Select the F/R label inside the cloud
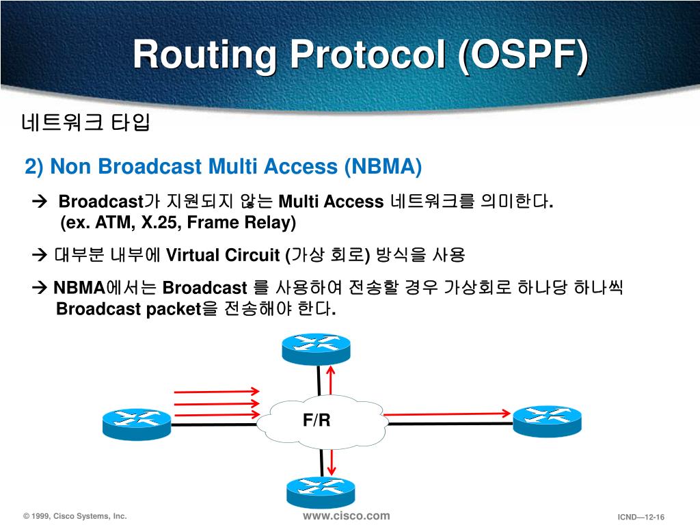tap(317, 420)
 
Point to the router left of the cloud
tap(137, 423)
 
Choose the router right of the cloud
tap(547, 420)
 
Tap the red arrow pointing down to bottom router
tap(332, 462)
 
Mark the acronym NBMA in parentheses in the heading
tap(381, 166)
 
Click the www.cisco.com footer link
tap(346, 515)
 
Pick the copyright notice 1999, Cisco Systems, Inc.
tap(75, 517)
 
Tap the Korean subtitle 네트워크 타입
tap(85, 123)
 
